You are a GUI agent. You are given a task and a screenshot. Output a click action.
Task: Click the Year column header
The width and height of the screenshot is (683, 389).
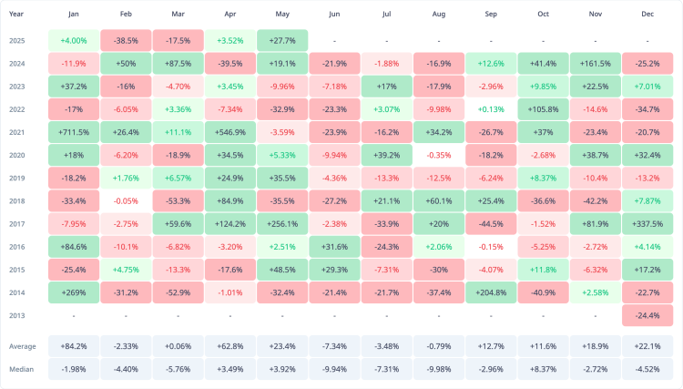tap(16, 15)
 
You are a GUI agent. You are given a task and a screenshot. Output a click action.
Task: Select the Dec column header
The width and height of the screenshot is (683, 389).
tap(647, 15)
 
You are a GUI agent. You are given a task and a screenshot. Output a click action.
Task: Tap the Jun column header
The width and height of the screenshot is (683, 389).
tap(334, 15)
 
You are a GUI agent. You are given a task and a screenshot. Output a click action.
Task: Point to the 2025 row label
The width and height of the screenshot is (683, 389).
tap(16, 41)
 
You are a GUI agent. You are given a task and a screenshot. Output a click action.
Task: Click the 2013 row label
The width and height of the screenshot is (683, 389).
tap(16, 315)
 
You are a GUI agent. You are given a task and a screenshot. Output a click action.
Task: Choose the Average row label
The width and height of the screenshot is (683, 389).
tap(22, 346)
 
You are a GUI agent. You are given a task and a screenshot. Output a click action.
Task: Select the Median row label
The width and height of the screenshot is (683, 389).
tap(21, 369)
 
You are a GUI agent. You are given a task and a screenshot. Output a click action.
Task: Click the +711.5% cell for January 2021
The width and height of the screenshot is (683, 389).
tap(74, 132)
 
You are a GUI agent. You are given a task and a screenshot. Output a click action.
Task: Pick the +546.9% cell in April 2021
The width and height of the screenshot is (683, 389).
tap(230, 132)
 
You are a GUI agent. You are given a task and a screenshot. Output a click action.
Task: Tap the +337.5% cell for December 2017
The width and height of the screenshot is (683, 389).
tap(647, 223)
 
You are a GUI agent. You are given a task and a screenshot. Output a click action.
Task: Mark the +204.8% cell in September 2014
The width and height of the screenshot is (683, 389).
tap(491, 292)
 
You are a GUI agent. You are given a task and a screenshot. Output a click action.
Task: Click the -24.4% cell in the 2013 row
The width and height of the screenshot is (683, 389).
tap(647, 315)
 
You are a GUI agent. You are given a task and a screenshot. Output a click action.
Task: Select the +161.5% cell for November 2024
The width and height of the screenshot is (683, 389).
tap(596, 64)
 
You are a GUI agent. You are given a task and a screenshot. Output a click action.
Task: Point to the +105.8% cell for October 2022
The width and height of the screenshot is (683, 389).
tap(543, 109)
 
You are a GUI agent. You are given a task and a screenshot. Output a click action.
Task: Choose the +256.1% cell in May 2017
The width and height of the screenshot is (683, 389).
tap(282, 223)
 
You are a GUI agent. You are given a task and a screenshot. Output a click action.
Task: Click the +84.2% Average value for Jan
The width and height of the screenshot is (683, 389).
tap(74, 346)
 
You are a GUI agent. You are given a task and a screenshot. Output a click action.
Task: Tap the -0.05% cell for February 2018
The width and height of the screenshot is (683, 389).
tap(126, 200)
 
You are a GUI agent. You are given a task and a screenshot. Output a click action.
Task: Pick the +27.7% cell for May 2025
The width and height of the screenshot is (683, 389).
tap(282, 41)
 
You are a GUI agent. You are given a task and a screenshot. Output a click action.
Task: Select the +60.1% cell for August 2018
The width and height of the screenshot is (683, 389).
tap(439, 200)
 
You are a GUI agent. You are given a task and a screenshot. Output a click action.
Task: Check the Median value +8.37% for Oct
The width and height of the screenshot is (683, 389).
tap(543, 369)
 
